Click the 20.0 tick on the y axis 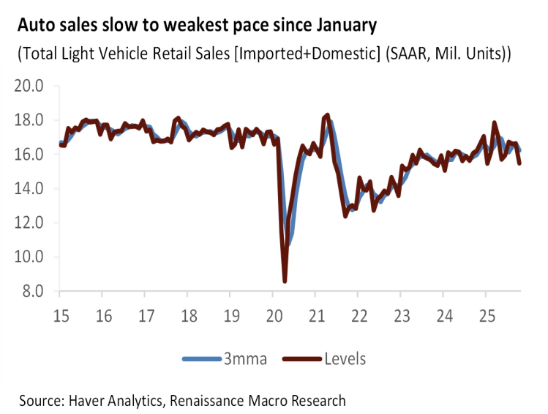(x=29, y=86)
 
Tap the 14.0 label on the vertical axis (x=29, y=189)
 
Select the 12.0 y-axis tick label (x=29, y=223)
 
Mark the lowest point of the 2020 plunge (x=285, y=281)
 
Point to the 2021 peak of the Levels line (x=327, y=115)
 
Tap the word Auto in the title (x=34, y=26)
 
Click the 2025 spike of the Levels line (x=495, y=122)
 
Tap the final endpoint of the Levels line (x=519, y=163)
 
